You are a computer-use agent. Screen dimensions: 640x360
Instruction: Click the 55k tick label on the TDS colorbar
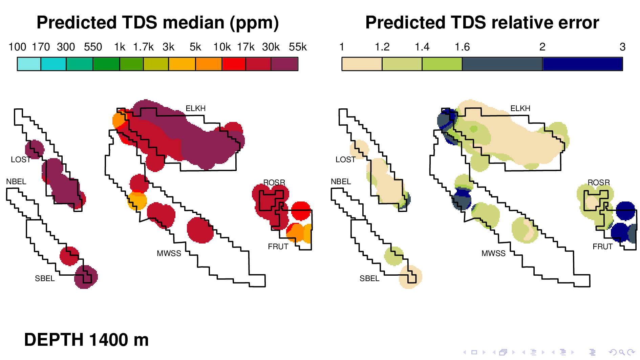[298, 47]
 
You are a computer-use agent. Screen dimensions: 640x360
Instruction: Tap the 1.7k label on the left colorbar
[143, 47]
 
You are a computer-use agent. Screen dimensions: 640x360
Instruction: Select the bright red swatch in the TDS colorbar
[234, 64]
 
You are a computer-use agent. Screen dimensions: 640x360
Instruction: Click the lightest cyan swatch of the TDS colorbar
[29, 64]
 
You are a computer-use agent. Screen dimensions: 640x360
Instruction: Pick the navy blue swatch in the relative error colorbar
[582, 64]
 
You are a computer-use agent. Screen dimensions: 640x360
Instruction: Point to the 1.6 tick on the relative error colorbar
[462, 47]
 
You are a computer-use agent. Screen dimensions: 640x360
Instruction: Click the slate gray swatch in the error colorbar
[502, 64]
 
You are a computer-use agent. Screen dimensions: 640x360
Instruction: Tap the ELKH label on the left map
[195, 108]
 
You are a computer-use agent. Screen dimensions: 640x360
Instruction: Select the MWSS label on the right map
[493, 253]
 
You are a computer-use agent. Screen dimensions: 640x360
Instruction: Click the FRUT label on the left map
[278, 247]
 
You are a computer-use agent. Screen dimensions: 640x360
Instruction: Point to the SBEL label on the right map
[369, 278]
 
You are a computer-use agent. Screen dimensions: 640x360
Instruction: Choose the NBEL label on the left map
[16, 182]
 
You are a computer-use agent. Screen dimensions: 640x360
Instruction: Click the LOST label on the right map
[345, 160]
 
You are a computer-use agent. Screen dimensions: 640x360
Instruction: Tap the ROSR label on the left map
[274, 183]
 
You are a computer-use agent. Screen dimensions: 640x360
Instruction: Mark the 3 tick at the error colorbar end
[622, 47]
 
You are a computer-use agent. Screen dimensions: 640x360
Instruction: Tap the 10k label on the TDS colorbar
[222, 47]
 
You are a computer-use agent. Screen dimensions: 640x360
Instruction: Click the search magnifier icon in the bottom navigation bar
[622, 353]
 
